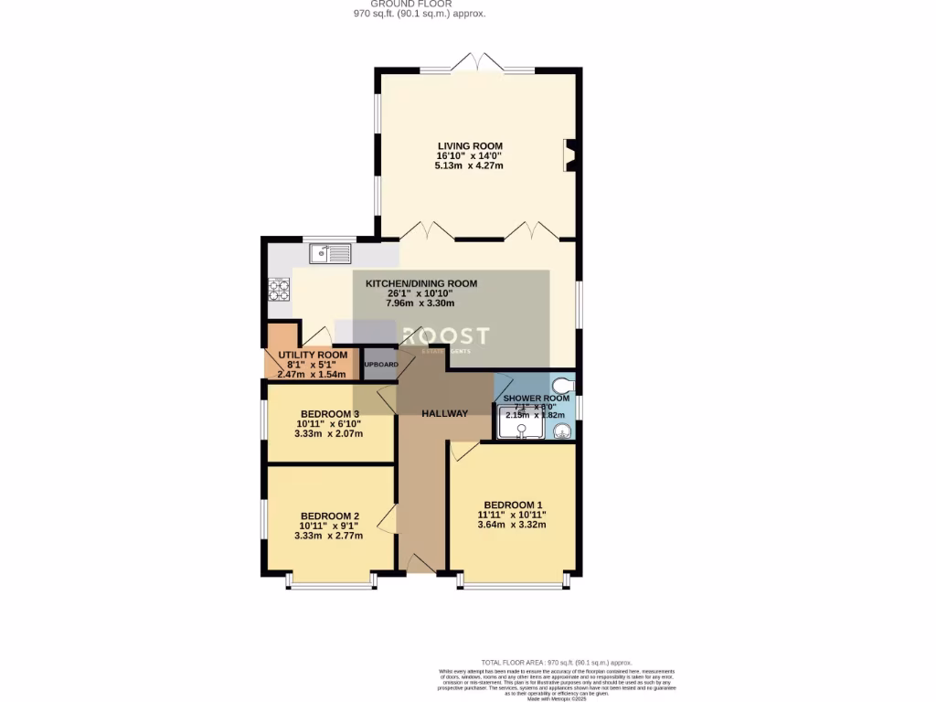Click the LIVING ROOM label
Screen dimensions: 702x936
(470, 146)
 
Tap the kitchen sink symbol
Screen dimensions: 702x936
(329, 253)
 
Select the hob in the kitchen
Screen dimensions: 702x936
(277, 290)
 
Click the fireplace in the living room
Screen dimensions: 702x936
(569, 155)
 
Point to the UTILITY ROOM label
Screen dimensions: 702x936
(313, 355)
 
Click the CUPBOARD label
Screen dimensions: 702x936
(380, 364)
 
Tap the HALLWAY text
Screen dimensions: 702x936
(445, 413)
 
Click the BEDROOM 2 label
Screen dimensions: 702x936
(329, 516)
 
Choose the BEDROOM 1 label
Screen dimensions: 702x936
(513, 505)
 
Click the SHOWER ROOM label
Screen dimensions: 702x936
(537, 399)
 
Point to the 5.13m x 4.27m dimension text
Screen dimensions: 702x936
(470, 166)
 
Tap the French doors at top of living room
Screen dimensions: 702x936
(478, 64)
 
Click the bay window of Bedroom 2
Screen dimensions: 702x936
(329, 583)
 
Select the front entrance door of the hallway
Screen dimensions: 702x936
(420, 561)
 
